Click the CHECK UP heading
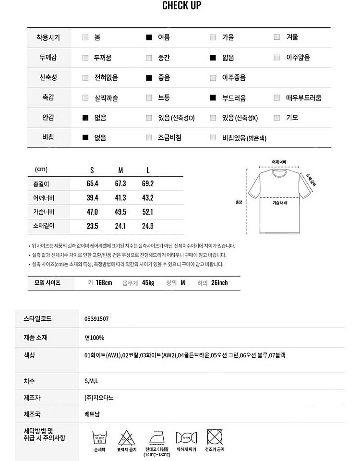pyautogui.click(x=181, y=6)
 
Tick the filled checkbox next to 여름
pyautogui.click(x=149, y=37)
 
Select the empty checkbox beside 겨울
pyautogui.click(x=277, y=37)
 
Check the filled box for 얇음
pyautogui.click(x=213, y=58)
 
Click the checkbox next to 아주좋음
pyautogui.click(x=213, y=78)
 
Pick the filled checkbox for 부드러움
pyautogui.click(x=213, y=98)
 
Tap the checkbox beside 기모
pyautogui.click(x=277, y=118)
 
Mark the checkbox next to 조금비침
pyautogui.click(x=149, y=138)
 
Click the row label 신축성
pyautogui.click(x=48, y=78)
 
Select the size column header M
pyautogui.click(x=121, y=170)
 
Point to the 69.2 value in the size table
pyautogui.click(x=147, y=184)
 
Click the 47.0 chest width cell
pyautogui.click(x=92, y=212)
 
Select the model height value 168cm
pyautogui.click(x=103, y=283)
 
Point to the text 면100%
pyautogui.click(x=94, y=338)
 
